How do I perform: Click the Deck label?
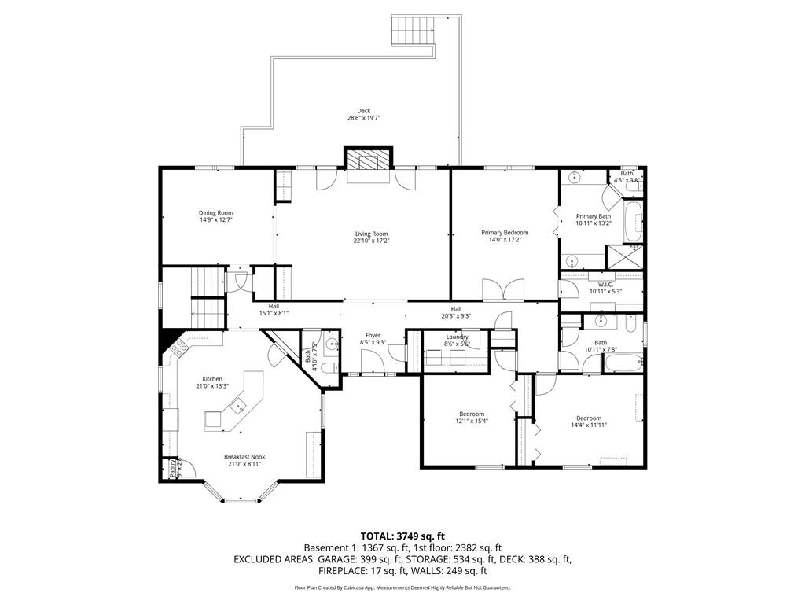click(363, 111)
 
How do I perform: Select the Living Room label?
click(371, 234)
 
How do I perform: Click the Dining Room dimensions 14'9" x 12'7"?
click(215, 220)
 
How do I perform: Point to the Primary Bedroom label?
click(505, 233)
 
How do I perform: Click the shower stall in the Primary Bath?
click(624, 257)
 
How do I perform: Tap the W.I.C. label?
click(605, 285)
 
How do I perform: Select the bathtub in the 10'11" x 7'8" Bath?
click(623, 364)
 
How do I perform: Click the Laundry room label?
click(457, 337)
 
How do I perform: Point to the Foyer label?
click(373, 336)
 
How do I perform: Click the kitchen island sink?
click(236, 407)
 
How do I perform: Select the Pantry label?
click(173, 469)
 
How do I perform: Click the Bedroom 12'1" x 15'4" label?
click(472, 414)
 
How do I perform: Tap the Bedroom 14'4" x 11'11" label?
click(588, 418)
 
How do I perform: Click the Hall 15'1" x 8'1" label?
click(274, 307)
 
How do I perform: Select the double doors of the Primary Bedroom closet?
click(502, 290)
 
